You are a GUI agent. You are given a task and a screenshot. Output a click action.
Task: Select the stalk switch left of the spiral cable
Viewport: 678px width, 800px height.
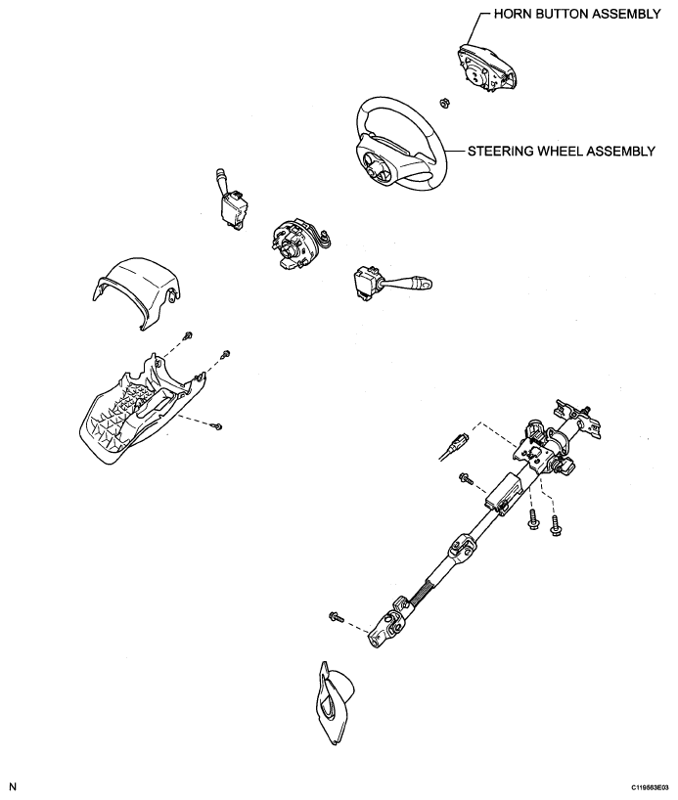coord(234,200)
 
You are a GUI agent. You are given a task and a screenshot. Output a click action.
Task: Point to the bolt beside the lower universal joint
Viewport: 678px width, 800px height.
coord(338,616)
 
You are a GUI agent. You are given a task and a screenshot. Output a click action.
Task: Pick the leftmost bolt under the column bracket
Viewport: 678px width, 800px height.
coord(465,478)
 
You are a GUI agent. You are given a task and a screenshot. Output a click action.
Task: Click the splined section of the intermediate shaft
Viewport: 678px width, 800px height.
coord(429,586)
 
